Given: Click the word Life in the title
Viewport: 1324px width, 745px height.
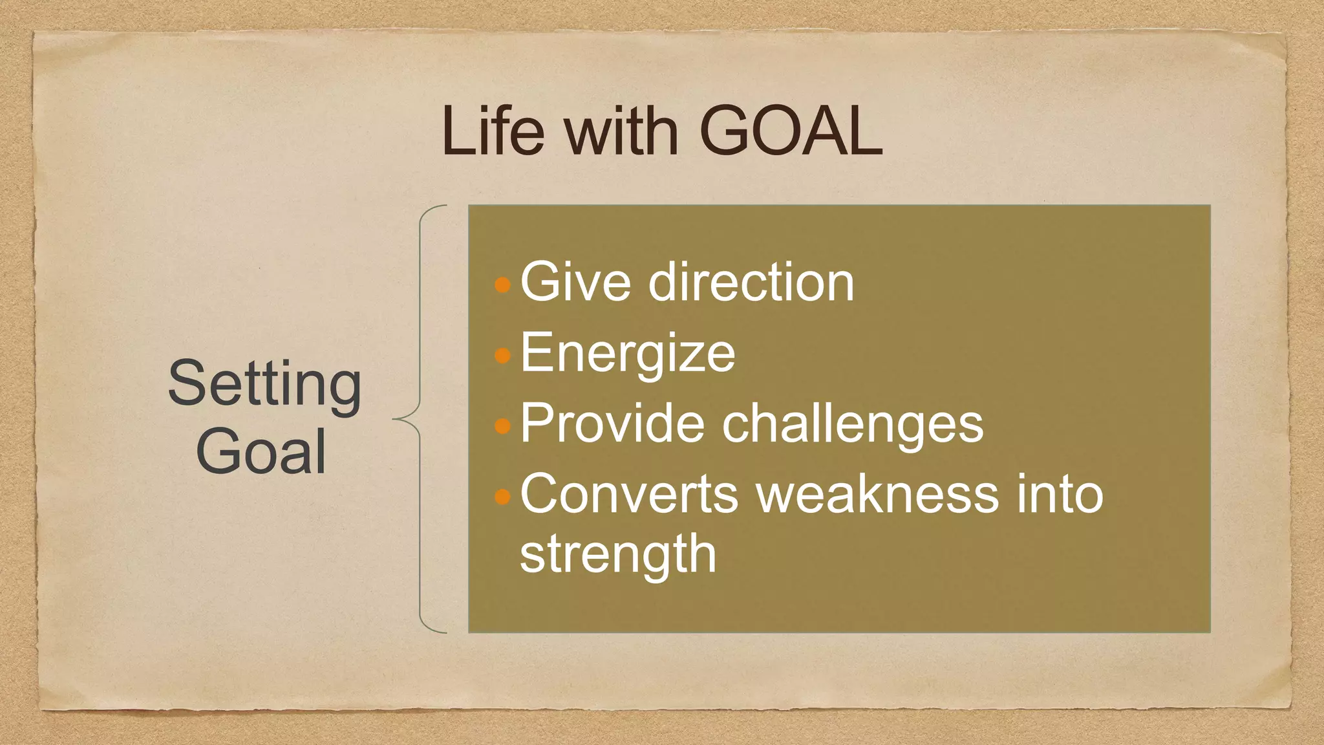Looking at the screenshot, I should (x=493, y=132).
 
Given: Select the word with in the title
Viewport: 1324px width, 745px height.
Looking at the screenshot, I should (x=621, y=132).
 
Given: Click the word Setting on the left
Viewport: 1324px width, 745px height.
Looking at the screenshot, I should (x=264, y=385).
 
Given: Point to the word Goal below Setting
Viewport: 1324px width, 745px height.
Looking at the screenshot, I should (x=261, y=451).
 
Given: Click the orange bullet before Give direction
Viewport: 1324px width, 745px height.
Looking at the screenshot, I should (x=502, y=285).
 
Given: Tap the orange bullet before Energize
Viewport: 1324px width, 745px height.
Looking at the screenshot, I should (x=502, y=355).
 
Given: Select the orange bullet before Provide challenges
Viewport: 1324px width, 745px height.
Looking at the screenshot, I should (x=502, y=426).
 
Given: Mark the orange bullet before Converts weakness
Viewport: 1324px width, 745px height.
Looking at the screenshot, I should (x=502, y=497).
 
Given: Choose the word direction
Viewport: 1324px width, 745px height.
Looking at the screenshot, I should (x=751, y=282).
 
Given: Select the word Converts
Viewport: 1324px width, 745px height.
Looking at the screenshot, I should (x=629, y=495).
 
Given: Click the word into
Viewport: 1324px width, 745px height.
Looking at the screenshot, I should (x=1060, y=495).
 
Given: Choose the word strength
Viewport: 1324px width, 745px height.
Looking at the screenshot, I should (x=618, y=555).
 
